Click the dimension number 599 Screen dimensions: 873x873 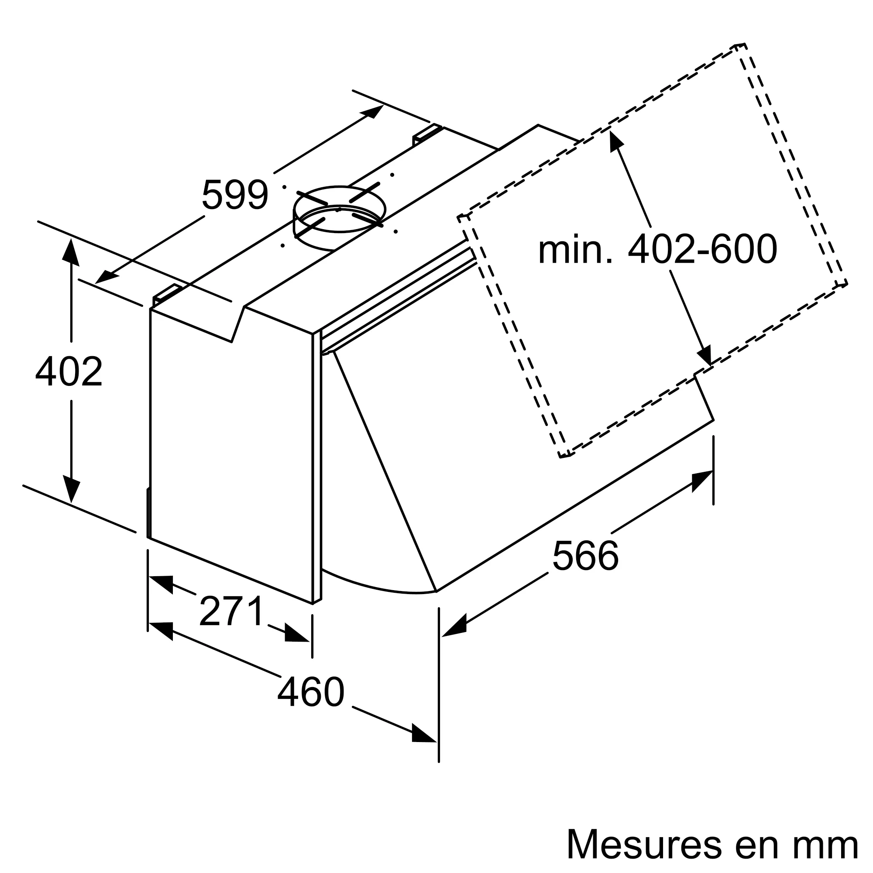(x=235, y=195)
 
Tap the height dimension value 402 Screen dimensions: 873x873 (x=69, y=371)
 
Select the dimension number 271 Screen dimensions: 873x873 (x=231, y=611)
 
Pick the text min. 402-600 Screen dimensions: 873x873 (x=657, y=249)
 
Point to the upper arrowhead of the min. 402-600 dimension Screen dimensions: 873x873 (x=615, y=138)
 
